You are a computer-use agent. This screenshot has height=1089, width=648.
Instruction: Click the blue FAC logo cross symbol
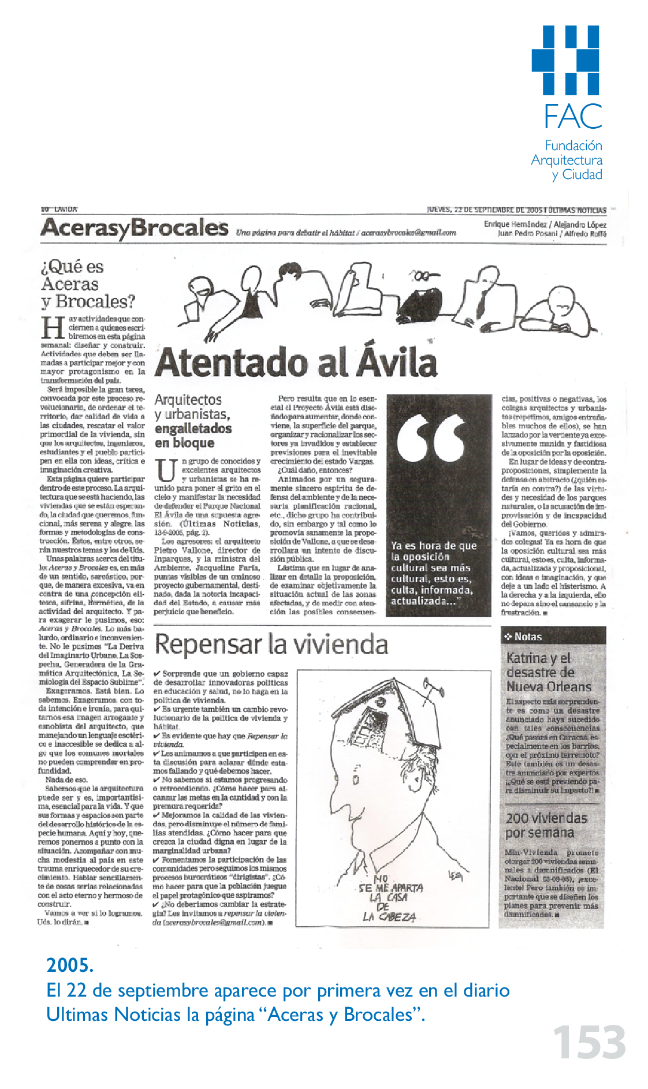point(566,60)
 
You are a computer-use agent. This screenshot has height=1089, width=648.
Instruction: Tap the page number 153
point(589,1043)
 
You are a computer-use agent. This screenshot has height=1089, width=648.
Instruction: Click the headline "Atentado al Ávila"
point(296,363)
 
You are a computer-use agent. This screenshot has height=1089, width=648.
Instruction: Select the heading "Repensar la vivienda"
point(271,644)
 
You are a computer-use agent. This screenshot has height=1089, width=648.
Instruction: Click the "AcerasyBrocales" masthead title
point(135,228)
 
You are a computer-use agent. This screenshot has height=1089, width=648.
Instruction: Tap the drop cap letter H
point(53,328)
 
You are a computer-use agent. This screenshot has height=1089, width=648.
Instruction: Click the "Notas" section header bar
point(553,636)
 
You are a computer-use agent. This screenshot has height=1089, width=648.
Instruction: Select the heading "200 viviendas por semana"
point(546,826)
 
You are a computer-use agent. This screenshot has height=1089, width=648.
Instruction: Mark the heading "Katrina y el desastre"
point(549,672)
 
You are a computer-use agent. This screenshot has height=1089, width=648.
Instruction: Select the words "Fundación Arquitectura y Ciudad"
point(567,160)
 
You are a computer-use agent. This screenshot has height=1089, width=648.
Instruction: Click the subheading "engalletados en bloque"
point(193,435)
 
